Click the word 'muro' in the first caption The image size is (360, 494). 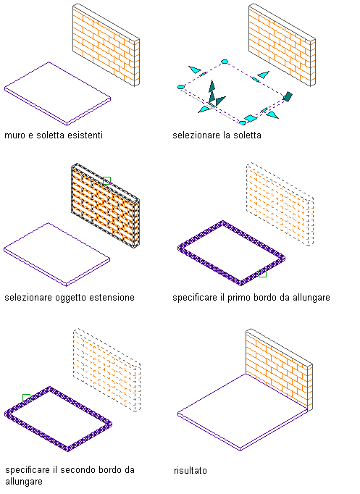point(14,135)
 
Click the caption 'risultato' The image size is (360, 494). point(191,471)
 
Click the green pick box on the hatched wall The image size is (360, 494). point(106,180)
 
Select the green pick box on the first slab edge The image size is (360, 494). point(262,274)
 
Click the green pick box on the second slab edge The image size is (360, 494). point(27,398)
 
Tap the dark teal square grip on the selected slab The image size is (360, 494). point(288,96)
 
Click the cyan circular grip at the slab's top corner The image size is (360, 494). point(225,62)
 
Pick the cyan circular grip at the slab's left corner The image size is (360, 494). point(181,87)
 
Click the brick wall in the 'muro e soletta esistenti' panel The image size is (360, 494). point(106,45)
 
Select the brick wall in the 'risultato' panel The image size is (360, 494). point(279,369)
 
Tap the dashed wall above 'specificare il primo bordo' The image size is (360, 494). point(280,204)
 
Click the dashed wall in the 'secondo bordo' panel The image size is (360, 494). point(106,370)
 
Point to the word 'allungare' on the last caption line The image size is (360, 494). point(24,482)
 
